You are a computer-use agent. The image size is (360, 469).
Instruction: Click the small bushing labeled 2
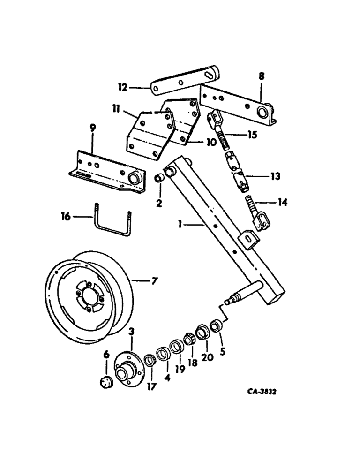coord(160,179)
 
